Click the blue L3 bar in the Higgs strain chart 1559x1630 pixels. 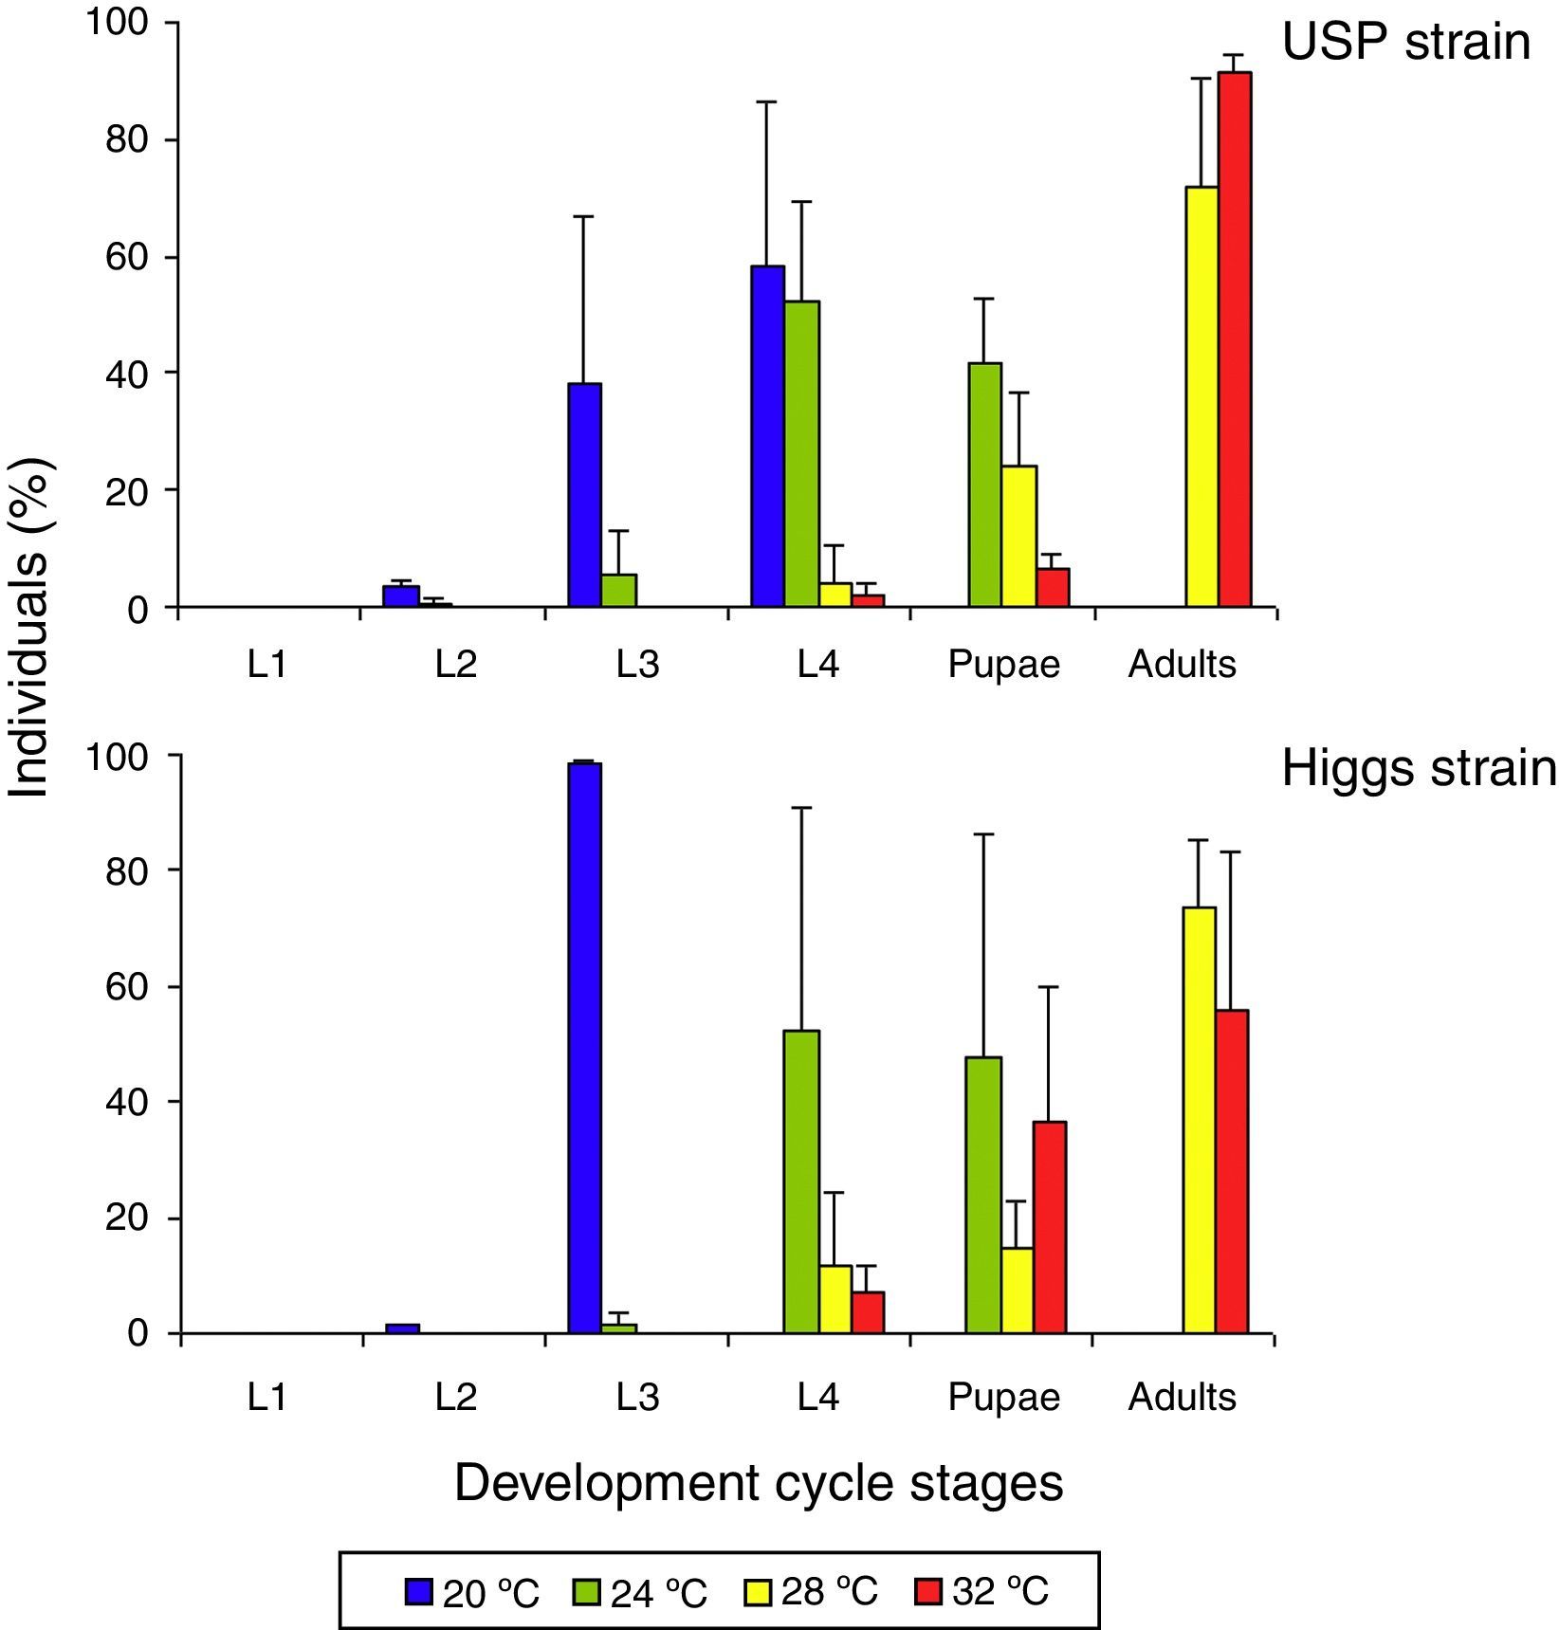click(584, 1048)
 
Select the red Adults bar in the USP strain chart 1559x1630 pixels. click(1235, 339)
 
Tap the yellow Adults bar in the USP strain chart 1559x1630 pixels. click(1201, 396)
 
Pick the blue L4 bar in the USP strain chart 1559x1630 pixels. click(767, 436)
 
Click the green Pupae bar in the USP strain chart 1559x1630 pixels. click(984, 485)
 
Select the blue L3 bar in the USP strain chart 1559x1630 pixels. click(584, 495)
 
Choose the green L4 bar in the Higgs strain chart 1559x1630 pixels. click(801, 1181)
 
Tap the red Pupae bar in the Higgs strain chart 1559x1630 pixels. click(1050, 1227)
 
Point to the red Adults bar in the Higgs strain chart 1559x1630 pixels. click(1232, 1171)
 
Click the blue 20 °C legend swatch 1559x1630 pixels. click(419, 1591)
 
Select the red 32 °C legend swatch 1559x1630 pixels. click(928, 1591)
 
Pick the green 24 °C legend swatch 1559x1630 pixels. click(587, 1591)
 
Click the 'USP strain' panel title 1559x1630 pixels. click(1405, 42)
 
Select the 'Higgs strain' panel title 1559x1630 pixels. click(1419, 768)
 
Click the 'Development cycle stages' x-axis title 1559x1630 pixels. click(759, 1483)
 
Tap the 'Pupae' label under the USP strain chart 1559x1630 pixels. click(1003, 665)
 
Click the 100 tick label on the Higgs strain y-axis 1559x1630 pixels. click(119, 758)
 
